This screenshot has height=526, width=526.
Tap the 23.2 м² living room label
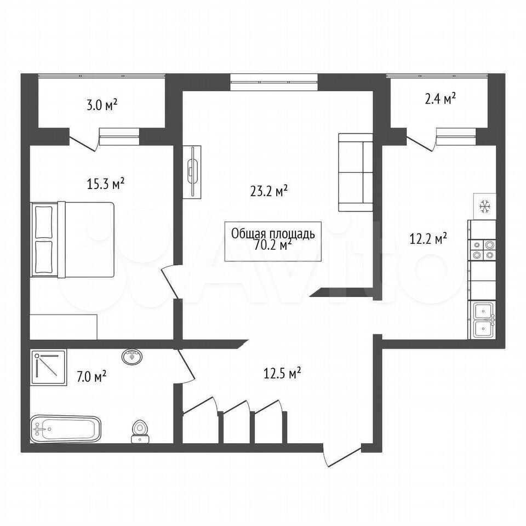(x=269, y=191)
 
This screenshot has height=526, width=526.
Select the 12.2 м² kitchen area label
(x=428, y=239)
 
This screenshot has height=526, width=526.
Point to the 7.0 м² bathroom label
(x=92, y=376)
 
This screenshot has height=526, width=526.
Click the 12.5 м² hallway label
(x=282, y=373)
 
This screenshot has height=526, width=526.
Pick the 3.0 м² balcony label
(x=102, y=105)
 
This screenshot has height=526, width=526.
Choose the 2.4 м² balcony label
(x=440, y=99)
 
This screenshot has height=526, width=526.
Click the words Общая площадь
(x=273, y=234)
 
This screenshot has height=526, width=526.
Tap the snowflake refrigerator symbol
(x=484, y=206)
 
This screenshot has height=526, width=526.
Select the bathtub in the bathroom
(x=66, y=429)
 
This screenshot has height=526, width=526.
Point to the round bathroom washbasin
(x=132, y=356)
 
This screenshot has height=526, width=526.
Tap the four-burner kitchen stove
(x=482, y=250)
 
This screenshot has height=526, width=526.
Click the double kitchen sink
(x=483, y=319)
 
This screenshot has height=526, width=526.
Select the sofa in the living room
(x=356, y=173)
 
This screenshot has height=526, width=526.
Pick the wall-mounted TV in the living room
(x=192, y=172)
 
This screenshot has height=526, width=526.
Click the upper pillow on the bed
(x=44, y=222)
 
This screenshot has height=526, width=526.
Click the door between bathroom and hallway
(x=185, y=365)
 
